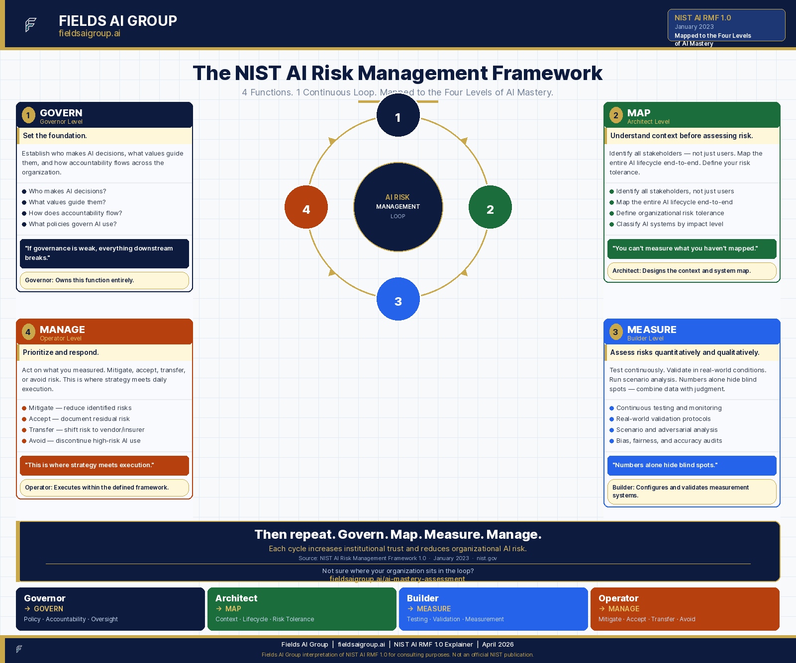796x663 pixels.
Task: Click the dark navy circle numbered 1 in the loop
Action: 398,115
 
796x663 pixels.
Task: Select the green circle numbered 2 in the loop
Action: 490,207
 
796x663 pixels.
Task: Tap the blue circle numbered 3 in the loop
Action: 398,299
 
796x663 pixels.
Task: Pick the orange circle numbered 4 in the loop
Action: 306,207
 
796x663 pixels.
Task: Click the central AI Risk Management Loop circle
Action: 398,207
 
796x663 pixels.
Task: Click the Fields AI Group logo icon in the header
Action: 31,24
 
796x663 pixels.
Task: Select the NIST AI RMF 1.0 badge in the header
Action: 726,25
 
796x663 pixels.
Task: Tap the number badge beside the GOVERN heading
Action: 28,115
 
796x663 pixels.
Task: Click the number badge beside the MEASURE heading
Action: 616,332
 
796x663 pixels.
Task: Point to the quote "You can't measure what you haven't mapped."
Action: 685,249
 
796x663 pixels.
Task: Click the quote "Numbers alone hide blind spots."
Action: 665,465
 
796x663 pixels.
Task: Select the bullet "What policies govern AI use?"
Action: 73,224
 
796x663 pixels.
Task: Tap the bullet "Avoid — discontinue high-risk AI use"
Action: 85,441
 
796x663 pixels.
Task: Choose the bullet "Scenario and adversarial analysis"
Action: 667,430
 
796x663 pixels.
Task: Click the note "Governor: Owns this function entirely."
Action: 80,280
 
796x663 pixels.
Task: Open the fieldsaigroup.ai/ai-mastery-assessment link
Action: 397,579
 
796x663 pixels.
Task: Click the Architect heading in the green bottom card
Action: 236,598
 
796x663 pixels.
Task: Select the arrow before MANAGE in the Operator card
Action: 602,609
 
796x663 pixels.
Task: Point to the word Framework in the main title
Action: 547,73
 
